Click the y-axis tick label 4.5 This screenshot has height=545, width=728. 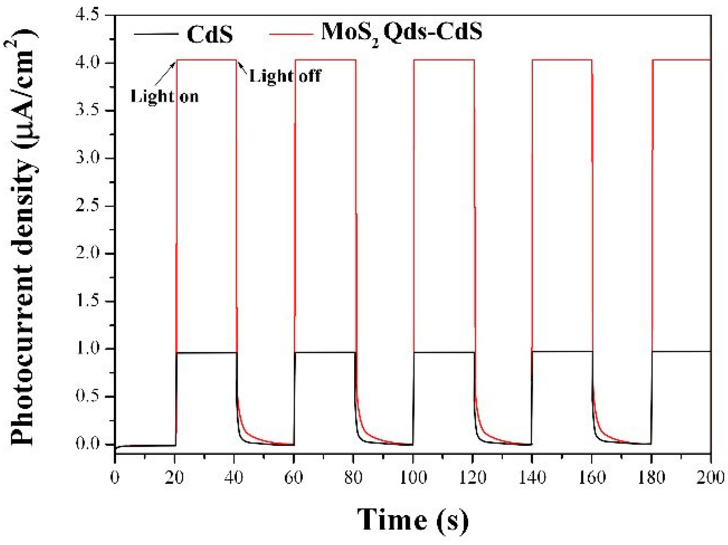[87, 15]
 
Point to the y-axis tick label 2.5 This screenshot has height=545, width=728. [87, 206]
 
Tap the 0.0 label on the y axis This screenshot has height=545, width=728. [87, 444]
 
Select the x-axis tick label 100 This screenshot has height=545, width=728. [413, 477]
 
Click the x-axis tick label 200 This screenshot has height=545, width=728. [710, 477]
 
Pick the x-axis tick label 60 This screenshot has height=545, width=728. [293, 477]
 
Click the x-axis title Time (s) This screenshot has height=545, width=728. [412, 520]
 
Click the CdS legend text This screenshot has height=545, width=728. [209, 34]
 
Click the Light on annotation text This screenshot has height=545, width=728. [164, 97]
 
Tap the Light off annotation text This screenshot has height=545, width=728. [285, 76]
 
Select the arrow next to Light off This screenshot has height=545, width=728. [242, 67]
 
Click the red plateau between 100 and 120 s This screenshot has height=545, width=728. [444, 60]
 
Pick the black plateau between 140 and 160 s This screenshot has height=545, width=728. [562, 351]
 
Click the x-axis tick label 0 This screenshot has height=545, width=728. [115, 477]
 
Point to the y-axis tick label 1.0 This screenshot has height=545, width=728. [87, 349]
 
